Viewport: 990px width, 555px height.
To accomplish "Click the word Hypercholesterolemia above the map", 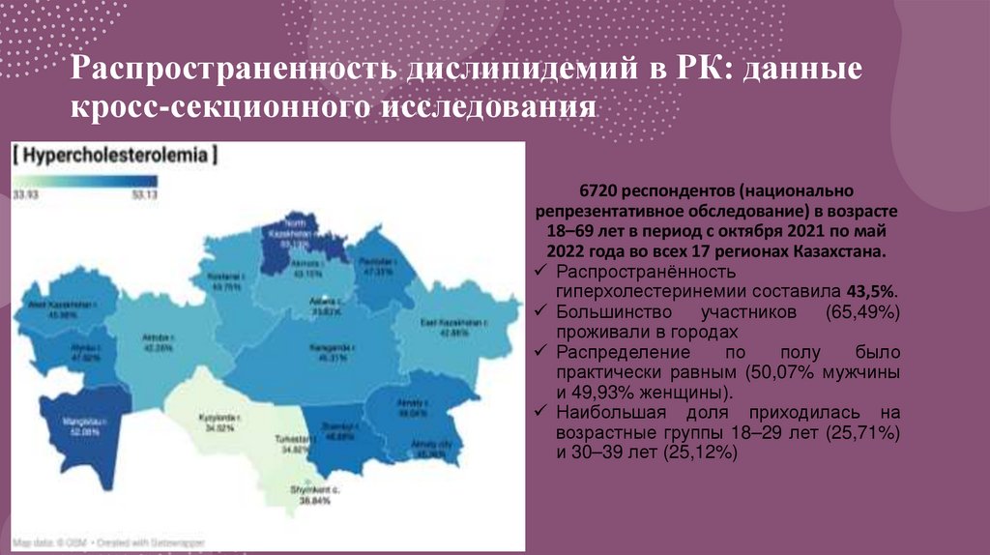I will pyautogui.click(x=114, y=155).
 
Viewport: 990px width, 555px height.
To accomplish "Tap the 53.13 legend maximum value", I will pyautogui.click(x=143, y=195).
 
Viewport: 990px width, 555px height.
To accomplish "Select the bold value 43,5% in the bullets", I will pyautogui.click(x=873, y=291).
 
